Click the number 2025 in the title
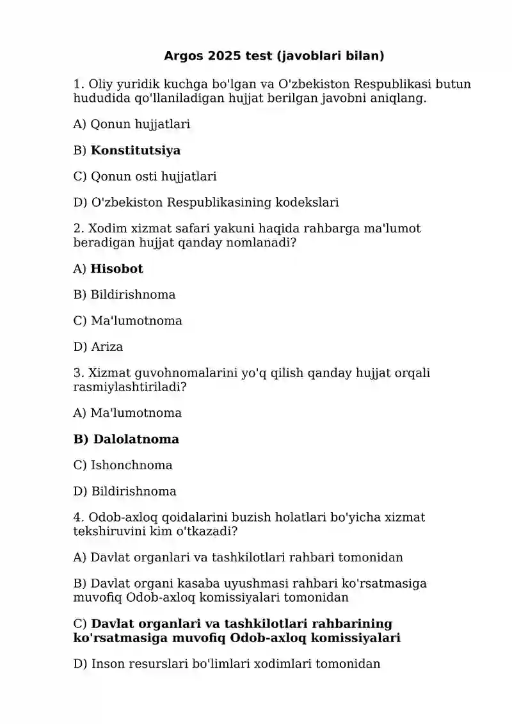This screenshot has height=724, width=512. (225, 56)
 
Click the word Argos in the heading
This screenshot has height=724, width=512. (183, 56)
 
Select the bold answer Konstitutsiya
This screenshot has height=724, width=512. (136, 151)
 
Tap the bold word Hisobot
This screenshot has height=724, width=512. (117, 269)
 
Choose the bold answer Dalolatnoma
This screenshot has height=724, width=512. (136, 440)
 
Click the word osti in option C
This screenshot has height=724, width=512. (147, 177)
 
